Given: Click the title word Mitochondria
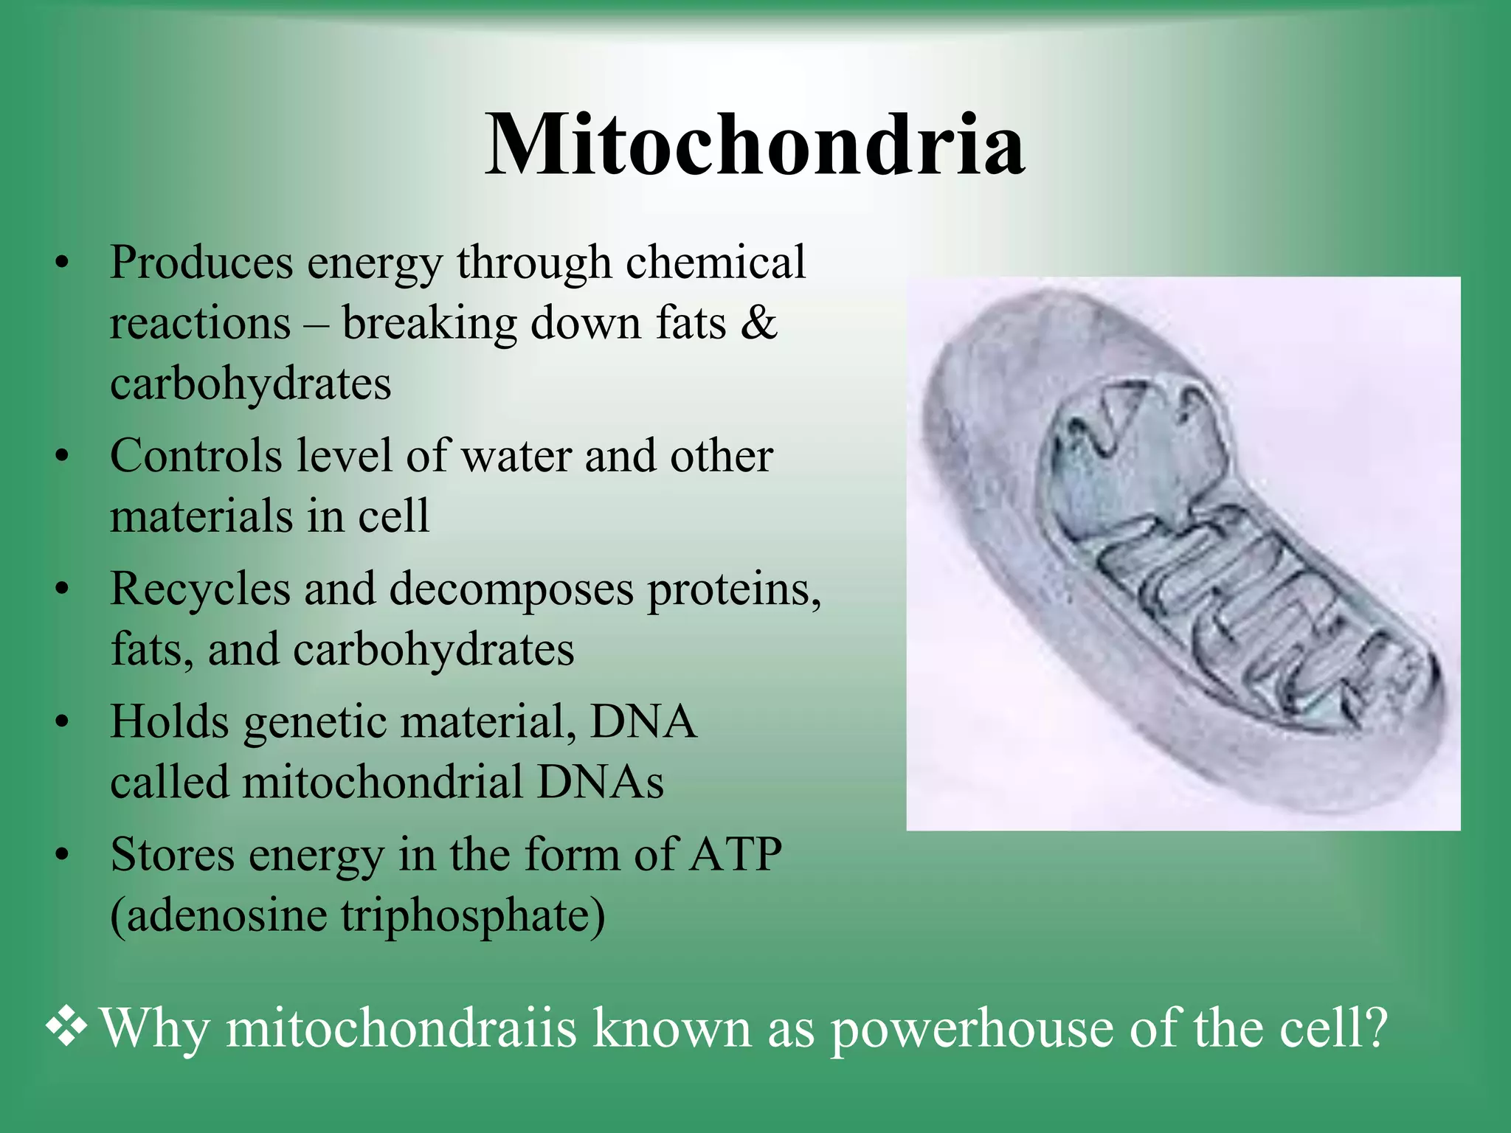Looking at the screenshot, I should [x=754, y=145].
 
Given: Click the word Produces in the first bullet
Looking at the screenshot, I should [x=201, y=263].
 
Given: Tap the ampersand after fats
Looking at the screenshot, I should [x=758, y=323].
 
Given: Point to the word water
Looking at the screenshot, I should [x=516, y=456].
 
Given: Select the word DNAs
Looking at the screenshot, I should [x=600, y=783].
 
